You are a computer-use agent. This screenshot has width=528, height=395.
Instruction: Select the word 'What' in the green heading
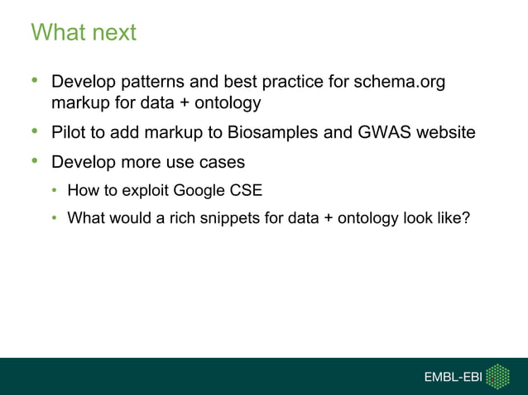(x=58, y=33)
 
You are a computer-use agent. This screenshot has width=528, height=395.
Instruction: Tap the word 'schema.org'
(x=405, y=83)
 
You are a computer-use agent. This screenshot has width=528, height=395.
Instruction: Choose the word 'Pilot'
(x=69, y=131)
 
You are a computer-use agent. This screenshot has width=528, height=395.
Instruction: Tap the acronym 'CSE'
(x=247, y=191)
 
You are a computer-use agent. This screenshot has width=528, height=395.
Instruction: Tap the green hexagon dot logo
(x=497, y=376)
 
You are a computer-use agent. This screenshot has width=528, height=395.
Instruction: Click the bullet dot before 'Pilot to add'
(x=35, y=131)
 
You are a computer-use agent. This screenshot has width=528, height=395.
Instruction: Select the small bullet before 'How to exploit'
(x=55, y=191)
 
